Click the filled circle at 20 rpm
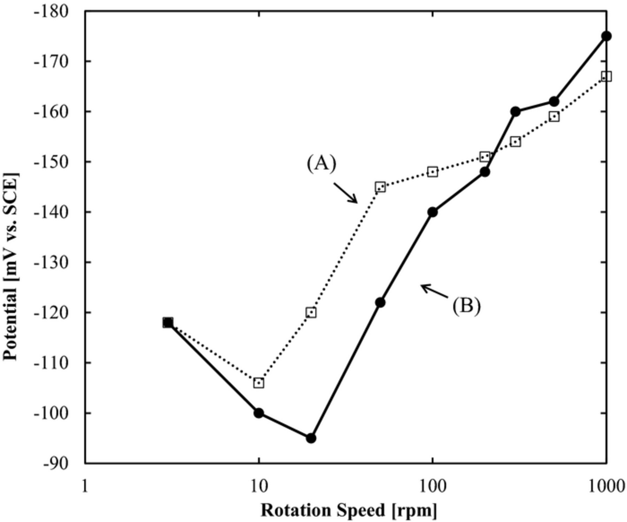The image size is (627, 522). [x=311, y=438]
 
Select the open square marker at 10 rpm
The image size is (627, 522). [x=258, y=383]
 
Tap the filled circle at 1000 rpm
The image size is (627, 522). [x=606, y=36]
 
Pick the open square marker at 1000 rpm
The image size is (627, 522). [x=606, y=76]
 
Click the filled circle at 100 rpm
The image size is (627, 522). [x=432, y=212]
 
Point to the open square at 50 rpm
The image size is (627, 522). [x=380, y=187]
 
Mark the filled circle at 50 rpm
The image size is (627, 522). [x=380, y=302]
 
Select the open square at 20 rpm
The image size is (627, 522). [x=311, y=312]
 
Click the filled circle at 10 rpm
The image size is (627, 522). [x=258, y=413]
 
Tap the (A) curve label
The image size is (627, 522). [x=322, y=164]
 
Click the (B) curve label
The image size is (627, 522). [x=466, y=306]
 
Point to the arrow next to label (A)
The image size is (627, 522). [x=346, y=193]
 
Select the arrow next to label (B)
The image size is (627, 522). [x=434, y=292]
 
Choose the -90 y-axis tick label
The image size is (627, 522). [x=56, y=463]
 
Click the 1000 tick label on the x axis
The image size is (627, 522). [x=606, y=486]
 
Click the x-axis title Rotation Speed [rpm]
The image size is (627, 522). [x=348, y=510]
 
